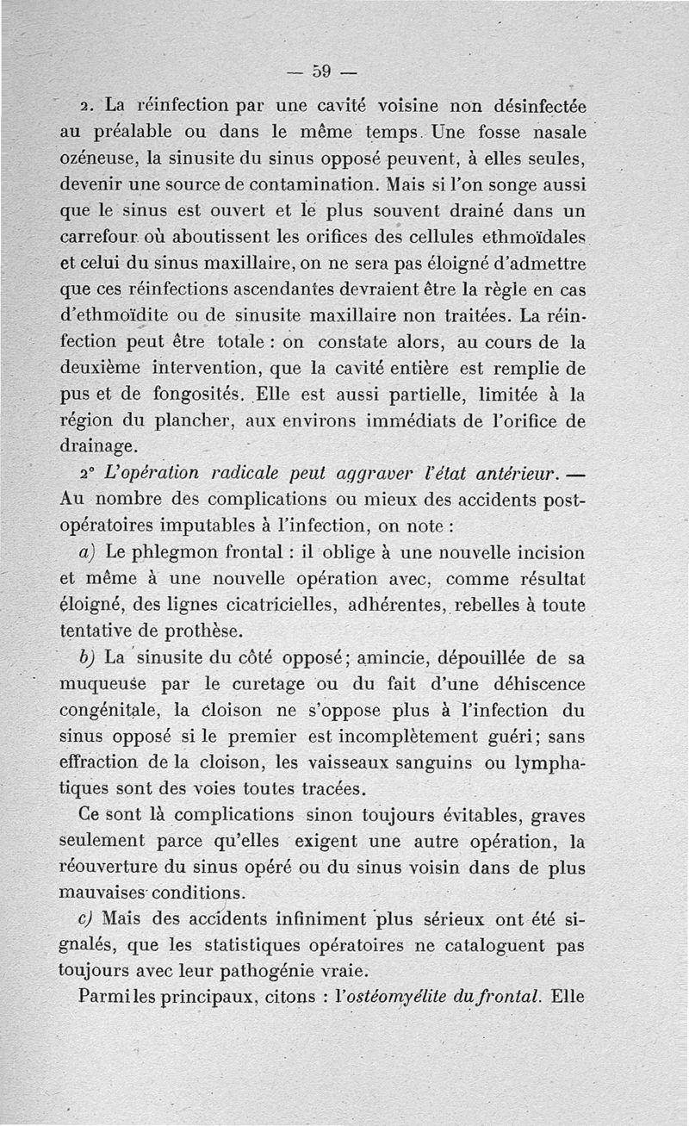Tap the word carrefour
pos(105,236)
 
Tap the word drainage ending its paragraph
pos(97,446)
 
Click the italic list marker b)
pos(85,657)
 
